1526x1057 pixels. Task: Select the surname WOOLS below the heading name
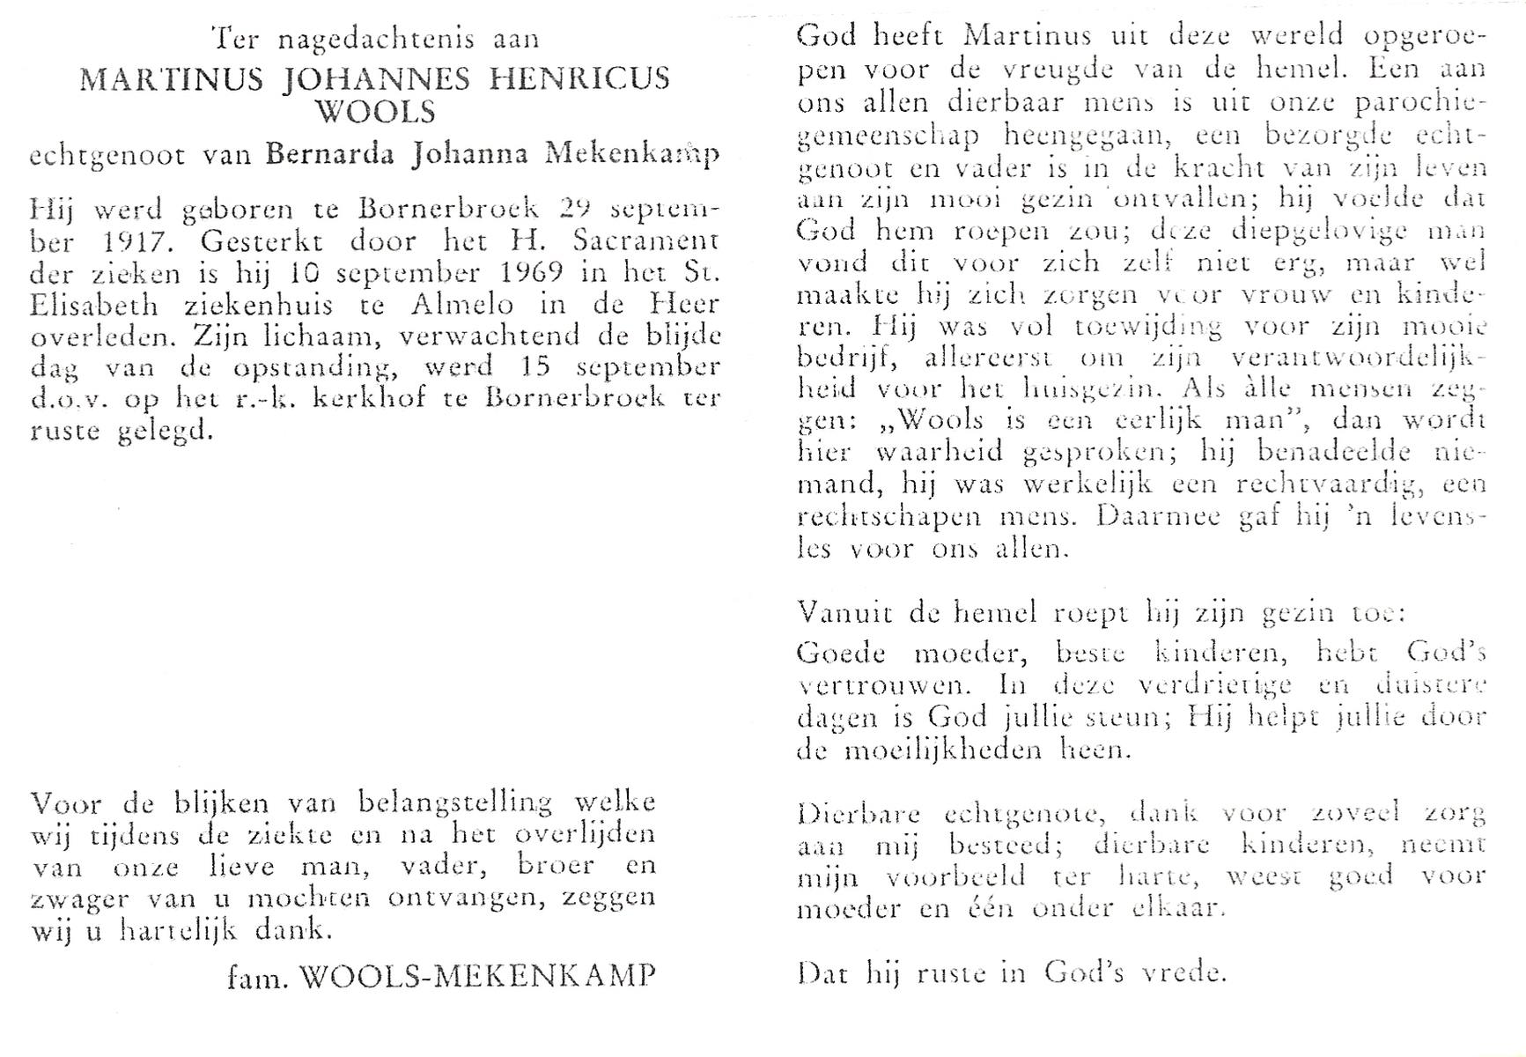pos(375,113)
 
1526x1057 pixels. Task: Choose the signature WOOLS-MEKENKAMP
pos(478,976)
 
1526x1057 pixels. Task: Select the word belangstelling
pos(455,803)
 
